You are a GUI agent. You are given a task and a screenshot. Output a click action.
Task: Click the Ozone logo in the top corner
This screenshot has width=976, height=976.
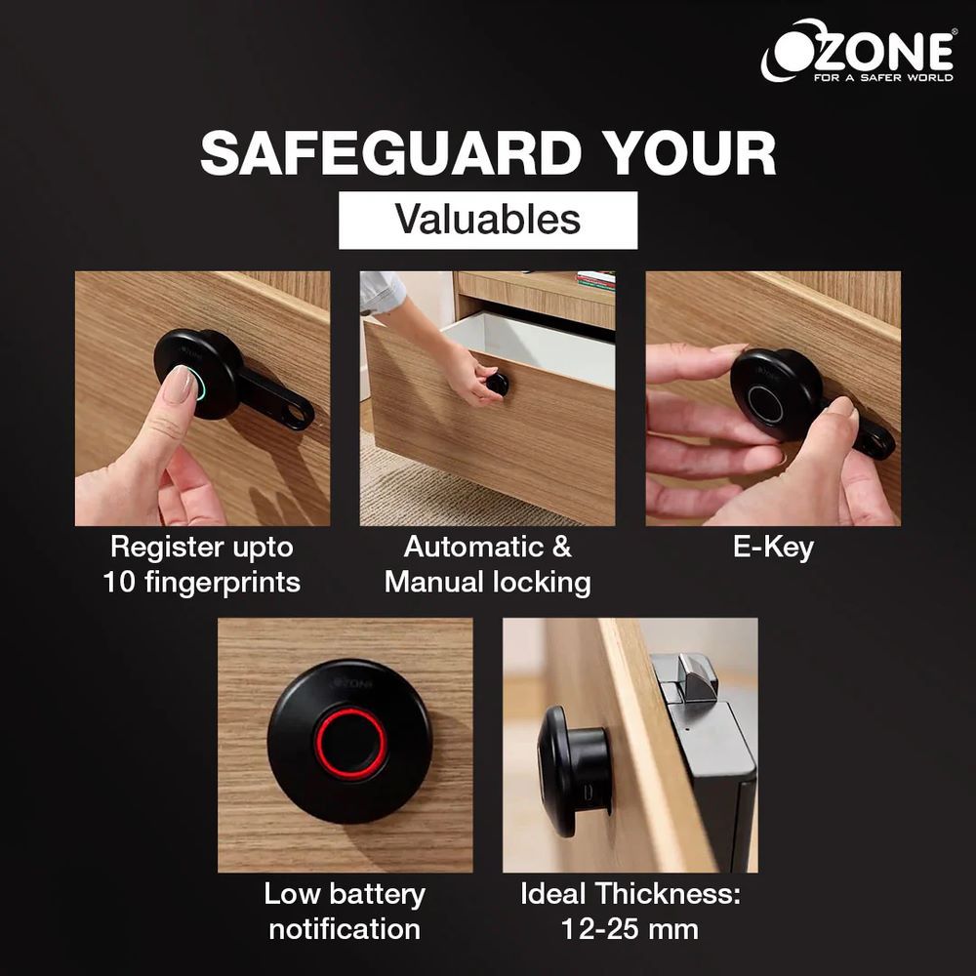tap(858, 51)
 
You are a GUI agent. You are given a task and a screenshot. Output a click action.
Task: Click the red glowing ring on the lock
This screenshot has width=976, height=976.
tap(317, 743)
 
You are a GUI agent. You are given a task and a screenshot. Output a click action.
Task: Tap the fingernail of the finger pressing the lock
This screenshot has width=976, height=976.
tap(182, 384)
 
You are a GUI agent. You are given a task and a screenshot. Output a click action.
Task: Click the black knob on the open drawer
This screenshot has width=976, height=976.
tap(498, 384)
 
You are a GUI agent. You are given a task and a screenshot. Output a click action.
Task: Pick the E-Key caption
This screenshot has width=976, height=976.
tap(773, 548)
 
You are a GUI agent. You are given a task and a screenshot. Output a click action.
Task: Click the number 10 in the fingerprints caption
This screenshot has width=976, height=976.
tap(118, 583)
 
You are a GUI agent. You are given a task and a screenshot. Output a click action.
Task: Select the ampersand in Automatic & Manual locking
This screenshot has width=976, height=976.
tap(561, 548)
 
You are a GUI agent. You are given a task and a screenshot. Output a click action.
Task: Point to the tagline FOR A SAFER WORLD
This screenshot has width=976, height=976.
tap(883, 78)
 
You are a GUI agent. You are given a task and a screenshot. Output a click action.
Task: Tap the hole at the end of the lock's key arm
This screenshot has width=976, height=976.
tap(299, 414)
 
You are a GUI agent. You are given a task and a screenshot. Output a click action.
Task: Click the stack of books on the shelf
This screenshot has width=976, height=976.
tap(595, 280)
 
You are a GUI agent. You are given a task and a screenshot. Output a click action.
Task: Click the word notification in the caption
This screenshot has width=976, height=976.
tap(345, 929)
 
